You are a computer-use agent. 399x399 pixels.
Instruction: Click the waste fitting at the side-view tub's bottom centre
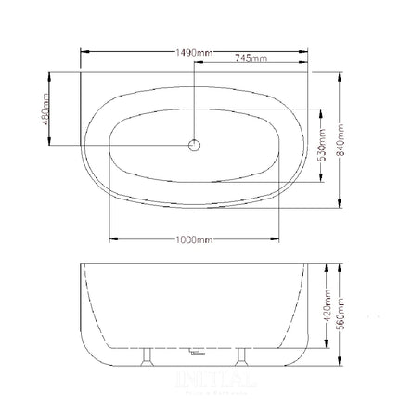coord(197,353)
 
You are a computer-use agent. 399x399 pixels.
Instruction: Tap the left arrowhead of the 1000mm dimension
coord(113,239)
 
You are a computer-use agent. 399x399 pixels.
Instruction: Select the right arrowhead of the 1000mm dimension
coord(276,239)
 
